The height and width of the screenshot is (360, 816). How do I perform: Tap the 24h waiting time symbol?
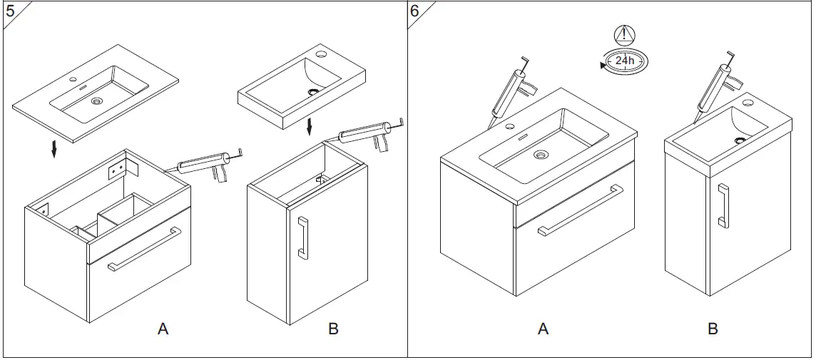(x=624, y=61)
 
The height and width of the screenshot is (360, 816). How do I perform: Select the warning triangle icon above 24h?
(x=624, y=34)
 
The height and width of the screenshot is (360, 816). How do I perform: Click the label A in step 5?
(x=163, y=329)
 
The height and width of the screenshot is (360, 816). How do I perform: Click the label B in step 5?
(x=333, y=329)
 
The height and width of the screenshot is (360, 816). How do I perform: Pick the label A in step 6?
(x=543, y=329)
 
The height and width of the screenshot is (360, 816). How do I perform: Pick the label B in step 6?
(x=713, y=329)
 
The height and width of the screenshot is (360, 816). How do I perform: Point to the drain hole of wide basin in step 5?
(x=96, y=102)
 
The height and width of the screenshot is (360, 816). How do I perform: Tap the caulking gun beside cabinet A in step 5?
(x=207, y=166)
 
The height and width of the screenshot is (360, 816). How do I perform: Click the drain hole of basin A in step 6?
(x=541, y=153)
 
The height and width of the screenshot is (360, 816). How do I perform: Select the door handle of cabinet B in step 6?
(x=723, y=205)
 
